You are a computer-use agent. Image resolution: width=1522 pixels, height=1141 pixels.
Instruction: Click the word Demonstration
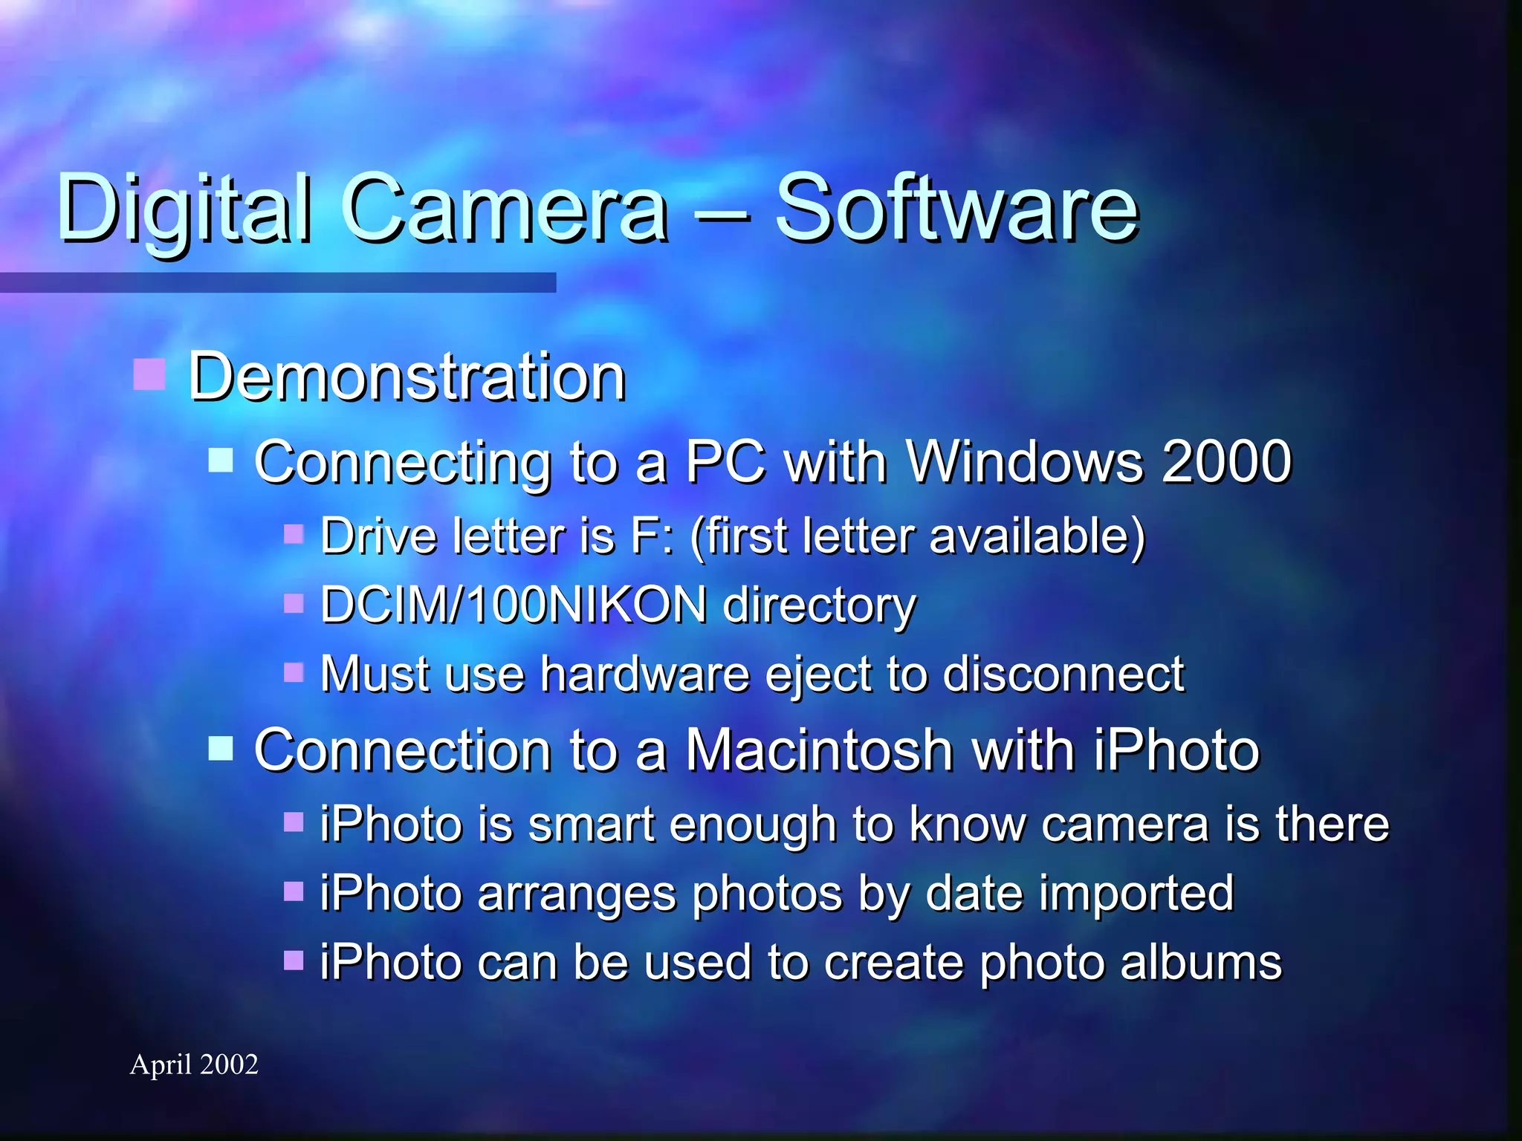point(407,377)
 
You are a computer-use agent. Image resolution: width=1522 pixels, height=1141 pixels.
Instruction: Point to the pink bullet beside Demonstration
point(149,374)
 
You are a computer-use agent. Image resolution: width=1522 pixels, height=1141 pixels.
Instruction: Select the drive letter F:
point(652,536)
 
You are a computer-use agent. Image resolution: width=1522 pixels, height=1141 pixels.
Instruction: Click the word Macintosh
point(818,750)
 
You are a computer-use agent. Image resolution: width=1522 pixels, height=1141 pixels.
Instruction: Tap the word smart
point(591,825)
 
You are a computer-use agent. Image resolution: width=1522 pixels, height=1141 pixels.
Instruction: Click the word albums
point(1201,963)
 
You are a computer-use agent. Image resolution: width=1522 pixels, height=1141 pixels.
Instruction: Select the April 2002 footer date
point(194,1064)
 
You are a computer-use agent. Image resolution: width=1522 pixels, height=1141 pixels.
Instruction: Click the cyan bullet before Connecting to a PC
point(221,460)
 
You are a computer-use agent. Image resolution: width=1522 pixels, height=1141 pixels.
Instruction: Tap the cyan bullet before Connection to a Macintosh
point(221,748)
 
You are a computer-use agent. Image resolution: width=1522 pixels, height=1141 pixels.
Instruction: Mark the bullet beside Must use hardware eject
point(294,672)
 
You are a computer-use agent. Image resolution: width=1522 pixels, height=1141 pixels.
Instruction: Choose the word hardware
point(644,674)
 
